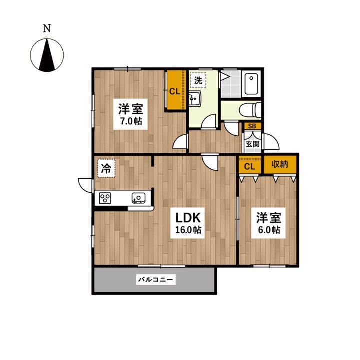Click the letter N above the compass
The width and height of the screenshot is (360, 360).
47,28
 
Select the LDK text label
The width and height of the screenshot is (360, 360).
188,218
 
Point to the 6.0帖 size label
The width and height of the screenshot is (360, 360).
269,230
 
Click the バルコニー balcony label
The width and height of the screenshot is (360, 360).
156,279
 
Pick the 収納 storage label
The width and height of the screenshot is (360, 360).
280,164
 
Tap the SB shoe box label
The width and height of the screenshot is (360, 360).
252,126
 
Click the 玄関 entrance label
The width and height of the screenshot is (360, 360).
252,144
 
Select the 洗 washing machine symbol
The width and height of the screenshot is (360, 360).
198,80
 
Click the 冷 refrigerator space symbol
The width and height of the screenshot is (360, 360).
106,169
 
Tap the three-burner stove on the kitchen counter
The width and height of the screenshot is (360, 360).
105,198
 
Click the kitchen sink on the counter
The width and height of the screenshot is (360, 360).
138,198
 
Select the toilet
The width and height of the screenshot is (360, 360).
250,110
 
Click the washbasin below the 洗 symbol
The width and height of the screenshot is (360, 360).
195,98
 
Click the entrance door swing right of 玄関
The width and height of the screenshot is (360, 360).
271,142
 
